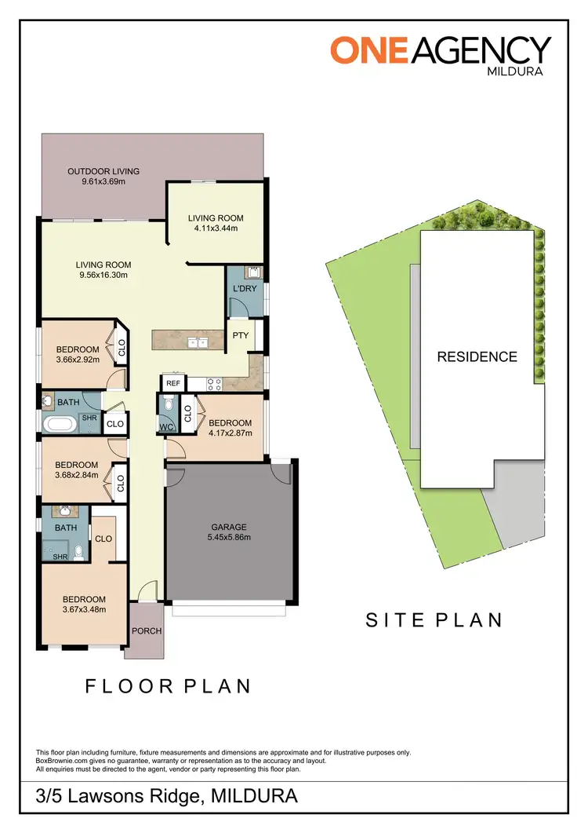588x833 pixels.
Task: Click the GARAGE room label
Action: pyautogui.click(x=229, y=528)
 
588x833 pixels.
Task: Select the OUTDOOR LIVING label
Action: pyautogui.click(x=103, y=171)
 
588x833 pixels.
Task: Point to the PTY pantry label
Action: pyautogui.click(x=239, y=335)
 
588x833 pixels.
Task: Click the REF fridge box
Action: pyautogui.click(x=172, y=383)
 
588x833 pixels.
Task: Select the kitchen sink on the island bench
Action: pyautogui.click(x=197, y=342)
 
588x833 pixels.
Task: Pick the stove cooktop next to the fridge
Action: pyautogui.click(x=213, y=383)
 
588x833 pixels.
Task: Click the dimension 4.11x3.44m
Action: pyautogui.click(x=216, y=228)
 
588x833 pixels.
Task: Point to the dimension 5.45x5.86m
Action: pyautogui.click(x=229, y=538)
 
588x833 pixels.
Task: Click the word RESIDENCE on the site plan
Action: pyautogui.click(x=477, y=356)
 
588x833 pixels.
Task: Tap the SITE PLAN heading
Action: pyautogui.click(x=434, y=619)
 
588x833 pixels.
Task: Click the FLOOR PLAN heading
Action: pyautogui.click(x=168, y=686)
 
